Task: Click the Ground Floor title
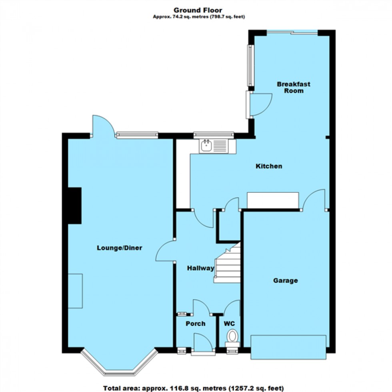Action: (x=198, y=10)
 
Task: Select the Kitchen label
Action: (x=269, y=166)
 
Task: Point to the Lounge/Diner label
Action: (x=120, y=248)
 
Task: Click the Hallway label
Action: (x=201, y=268)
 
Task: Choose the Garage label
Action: (x=286, y=280)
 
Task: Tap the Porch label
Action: (x=196, y=323)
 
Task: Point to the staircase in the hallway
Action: (x=227, y=264)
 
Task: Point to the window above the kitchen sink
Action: (x=213, y=135)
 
